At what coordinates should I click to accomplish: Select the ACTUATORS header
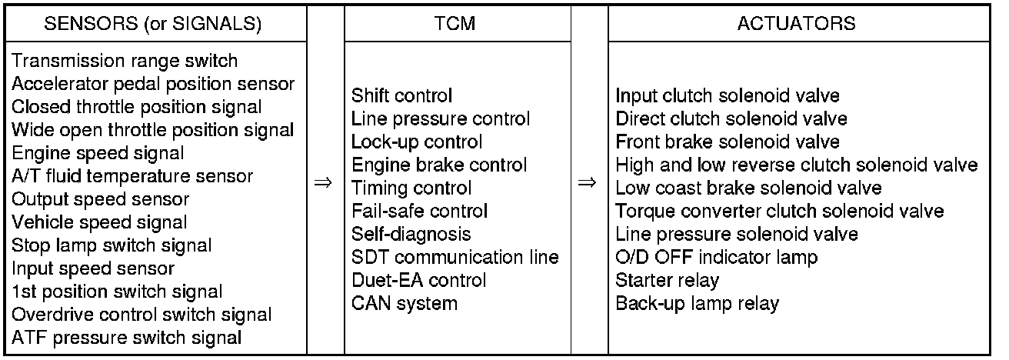[796, 23]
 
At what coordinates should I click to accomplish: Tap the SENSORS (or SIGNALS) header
[153, 23]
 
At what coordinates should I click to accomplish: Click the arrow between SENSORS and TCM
[324, 184]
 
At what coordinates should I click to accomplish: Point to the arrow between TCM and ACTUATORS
[587, 184]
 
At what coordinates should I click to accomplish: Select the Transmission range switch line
[125, 61]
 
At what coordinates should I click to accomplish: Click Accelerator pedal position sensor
[154, 84]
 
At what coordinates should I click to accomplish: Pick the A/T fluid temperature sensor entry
[132, 176]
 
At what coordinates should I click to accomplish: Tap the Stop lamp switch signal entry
[112, 245]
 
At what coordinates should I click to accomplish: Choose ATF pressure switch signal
[128, 338]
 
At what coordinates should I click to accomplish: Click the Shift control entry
[401, 96]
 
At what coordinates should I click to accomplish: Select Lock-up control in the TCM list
[417, 142]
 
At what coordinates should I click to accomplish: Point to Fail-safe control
[420, 211]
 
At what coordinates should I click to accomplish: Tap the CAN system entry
[404, 303]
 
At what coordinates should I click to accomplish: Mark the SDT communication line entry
[455, 257]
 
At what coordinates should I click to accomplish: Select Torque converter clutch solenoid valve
[780, 211]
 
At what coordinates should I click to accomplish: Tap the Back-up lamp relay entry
[697, 303]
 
